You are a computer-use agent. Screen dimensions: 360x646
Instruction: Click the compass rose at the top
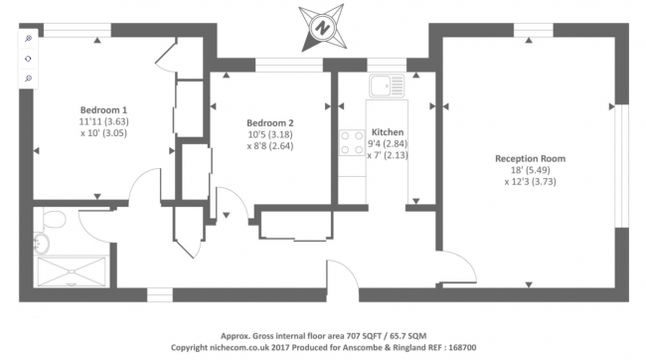click(x=322, y=26)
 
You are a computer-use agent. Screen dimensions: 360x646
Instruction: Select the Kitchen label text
click(x=387, y=132)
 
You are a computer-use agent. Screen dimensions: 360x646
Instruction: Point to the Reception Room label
click(x=533, y=157)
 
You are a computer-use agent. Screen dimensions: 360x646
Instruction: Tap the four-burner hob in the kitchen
click(x=351, y=142)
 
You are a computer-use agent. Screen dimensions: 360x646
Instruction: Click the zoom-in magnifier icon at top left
click(x=28, y=39)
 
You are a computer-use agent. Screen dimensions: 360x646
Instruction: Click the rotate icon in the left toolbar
click(x=28, y=59)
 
